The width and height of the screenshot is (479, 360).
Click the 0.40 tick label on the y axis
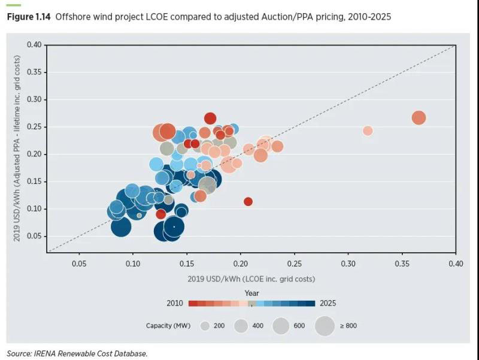pyautogui.click(x=34, y=45)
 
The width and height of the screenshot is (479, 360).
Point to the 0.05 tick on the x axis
pyautogui.click(x=79, y=263)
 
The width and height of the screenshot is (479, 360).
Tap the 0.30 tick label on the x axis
pyautogui.click(x=348, y=263)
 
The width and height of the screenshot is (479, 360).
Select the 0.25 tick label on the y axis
pyautogui.click(x=34, y=127)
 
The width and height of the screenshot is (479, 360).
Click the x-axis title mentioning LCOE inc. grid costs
pyautogui.click(x=251, y=278)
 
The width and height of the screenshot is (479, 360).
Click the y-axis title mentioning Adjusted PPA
pyautogui.click(x=17, y=149)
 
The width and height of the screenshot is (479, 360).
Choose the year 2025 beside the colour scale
pyautogui.click(x=328, y=303)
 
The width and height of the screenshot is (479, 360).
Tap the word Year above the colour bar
pyautogui.click(x=251, y=293)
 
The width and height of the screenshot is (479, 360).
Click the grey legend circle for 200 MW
pyautogui.click(x=205, y=326)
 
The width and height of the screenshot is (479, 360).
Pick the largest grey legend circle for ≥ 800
pyautogui.click(x=325, y=326)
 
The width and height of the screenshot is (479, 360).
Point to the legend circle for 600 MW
pyautogui.click(x=281, y=326)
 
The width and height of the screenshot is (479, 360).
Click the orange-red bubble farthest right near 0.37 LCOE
pyautogui.click(x=419, y=118)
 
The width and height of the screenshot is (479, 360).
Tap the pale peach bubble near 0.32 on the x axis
pyautogui.click(x=368, y=131)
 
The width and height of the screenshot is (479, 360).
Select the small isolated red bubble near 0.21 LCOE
pyautogui.click(x=248, y=201)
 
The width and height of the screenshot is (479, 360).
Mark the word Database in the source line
pyautogui.click(x=130, y=353)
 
